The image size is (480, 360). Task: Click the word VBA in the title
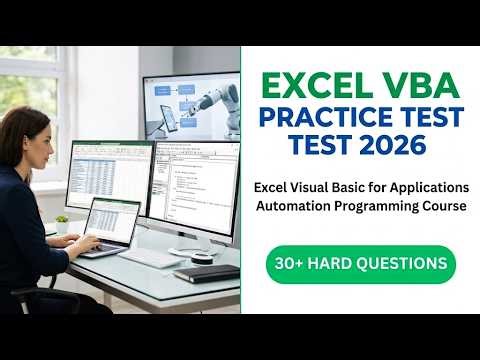[415, 79]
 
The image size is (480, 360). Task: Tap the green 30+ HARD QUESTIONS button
[360, 264]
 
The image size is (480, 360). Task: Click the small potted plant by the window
[62, 224]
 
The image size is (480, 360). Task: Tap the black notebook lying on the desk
[206, 273]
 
